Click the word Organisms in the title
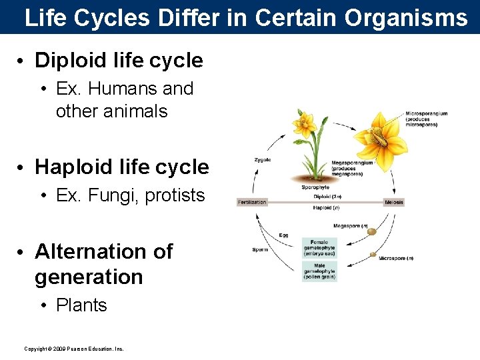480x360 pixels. click(x=406, y=17)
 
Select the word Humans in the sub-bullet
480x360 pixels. click(x=118, y=89)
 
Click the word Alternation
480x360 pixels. click(x=103, y=251)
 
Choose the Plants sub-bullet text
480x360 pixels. click(x=81, y=305)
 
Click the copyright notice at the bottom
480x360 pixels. click(x=74, y=349)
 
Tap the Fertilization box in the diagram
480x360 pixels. click(x=252, y=202)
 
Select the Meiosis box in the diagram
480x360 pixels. click(x=394, y=202)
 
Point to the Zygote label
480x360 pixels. click(x=263, y=160)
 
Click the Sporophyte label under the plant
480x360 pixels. click(x=315, y=187)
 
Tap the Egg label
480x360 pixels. click(x=284, y=235)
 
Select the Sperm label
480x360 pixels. click(x=260, y=250)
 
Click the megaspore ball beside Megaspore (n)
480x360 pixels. click(x=371, y=232)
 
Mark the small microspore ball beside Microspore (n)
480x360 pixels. click(x=373, y=255)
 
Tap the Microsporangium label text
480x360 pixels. click(x=427, y=117)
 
